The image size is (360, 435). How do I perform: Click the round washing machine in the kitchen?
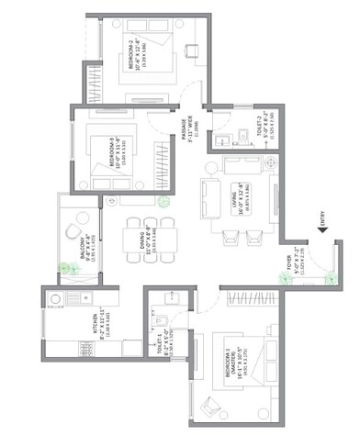[x=55, y=298]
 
